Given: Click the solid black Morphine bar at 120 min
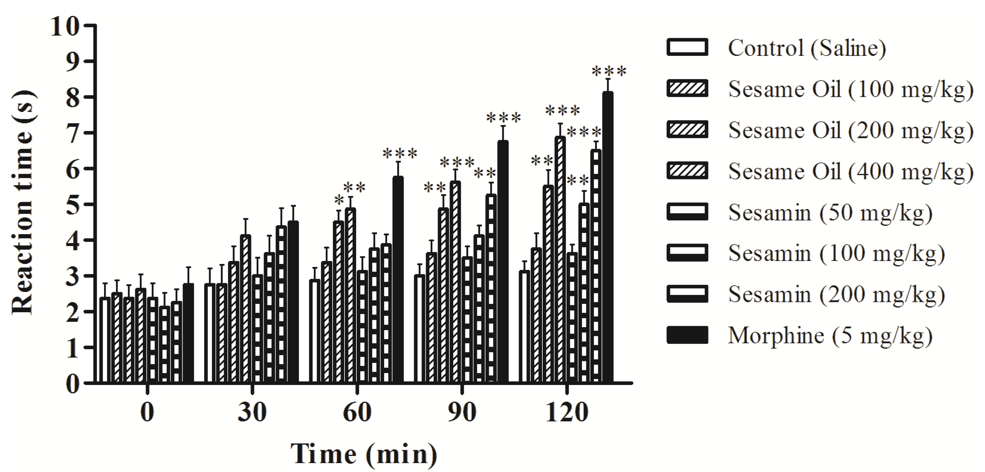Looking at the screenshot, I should (x=607, y=237).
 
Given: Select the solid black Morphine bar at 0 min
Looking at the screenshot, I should (x=188, y=333).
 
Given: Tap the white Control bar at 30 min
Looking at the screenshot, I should (x=209, y=333).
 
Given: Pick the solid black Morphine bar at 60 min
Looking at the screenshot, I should (x=398, y=279).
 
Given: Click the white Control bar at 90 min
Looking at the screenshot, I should (x=420, y=329).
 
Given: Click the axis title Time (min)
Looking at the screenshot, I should (x=364, y=454).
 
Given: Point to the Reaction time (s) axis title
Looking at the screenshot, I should (x=24, y=203).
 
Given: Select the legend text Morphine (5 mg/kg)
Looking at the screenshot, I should (x=830, y=336).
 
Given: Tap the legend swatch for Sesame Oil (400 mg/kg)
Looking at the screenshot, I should (x=687, y=171).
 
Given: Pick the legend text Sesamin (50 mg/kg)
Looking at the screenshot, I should (x=830, y=212).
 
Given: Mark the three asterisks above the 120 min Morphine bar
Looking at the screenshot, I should (x=609, y=71).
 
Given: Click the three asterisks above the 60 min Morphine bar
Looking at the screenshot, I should (x=400, y=154).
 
